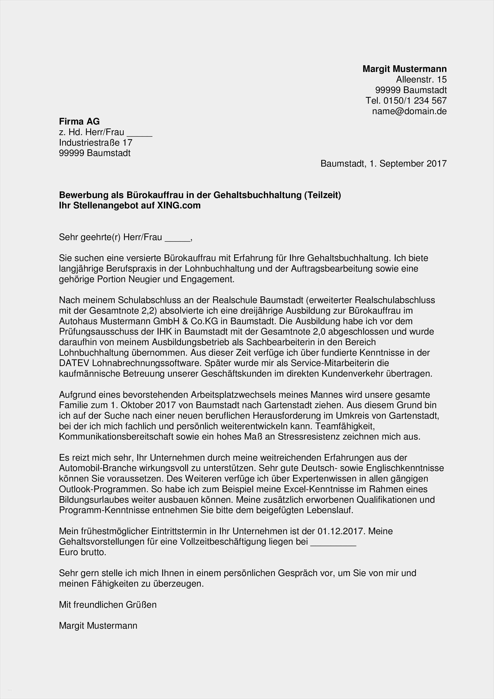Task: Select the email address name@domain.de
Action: tap(409, 111)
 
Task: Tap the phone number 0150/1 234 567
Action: tap(415, 100)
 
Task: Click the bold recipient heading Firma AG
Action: tap(79, 122)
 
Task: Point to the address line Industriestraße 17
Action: tap(96, 142)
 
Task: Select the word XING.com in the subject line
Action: tap(179, 205)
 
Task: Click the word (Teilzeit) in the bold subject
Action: tap(322, 195)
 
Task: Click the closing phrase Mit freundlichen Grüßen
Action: tap(108, 605)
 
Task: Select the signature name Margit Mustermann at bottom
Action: tap(98, 626)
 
